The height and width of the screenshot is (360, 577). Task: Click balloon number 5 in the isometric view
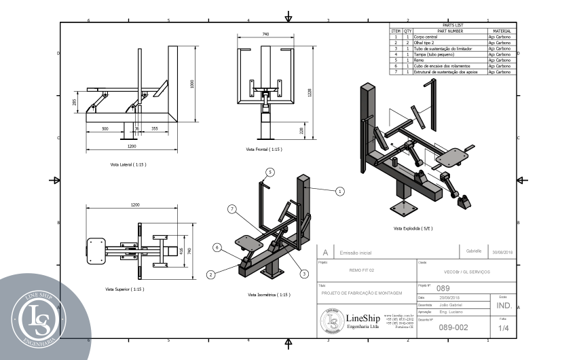pyautogui.click(x=269, y=172)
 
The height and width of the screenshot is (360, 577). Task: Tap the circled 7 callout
pyautogui.click(x=232, y=209)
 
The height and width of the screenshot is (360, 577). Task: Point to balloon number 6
pyautogui.click(x=217, y=248)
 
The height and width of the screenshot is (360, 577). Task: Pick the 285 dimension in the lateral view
pyautogui.click(x=75, y=103)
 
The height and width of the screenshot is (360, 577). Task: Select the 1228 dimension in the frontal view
pyautogui.click(x=309, y=93)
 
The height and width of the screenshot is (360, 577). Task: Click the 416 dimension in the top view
pyautogui.click(x=181, y=250)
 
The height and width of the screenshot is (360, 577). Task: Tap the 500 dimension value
pyautogui.click(x=105, y=128)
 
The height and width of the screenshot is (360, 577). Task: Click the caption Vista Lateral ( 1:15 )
pyautogui.click(x=128, y=164)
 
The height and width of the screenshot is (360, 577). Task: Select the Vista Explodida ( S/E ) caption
pyautogui.click(x=413, y=228)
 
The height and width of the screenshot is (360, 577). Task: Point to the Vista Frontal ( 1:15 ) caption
pyautogui.click(x=264, y=149)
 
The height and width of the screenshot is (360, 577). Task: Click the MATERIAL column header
pyautogui.click(x=502, y=31)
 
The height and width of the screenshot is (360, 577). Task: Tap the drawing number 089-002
pyautogui.click(x=454, y=327)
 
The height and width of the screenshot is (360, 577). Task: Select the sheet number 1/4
pyautogui.click(x=503, y=328)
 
